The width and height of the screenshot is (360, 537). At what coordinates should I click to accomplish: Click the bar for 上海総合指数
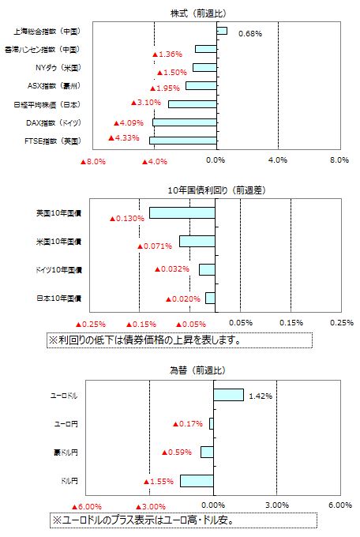222,31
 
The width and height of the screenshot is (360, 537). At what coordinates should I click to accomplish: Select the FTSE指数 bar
183,141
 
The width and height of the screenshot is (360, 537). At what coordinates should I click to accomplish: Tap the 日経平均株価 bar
193,104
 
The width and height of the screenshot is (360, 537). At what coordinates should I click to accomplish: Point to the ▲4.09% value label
129,122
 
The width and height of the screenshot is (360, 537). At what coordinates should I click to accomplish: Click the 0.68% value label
250,33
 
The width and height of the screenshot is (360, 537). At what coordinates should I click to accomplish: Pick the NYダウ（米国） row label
58,67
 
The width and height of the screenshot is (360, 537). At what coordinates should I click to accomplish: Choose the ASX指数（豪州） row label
54,85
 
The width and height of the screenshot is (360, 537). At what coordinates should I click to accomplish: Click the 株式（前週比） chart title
199,13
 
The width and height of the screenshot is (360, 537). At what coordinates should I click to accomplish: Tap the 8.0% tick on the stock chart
339,160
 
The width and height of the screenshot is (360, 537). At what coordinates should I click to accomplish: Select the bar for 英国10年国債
182,212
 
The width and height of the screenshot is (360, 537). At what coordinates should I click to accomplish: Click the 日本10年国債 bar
210,298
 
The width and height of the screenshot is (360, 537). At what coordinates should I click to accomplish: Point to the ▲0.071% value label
155,246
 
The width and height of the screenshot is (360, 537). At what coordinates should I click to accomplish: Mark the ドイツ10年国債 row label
59,270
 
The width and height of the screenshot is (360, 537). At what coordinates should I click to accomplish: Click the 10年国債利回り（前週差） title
216,190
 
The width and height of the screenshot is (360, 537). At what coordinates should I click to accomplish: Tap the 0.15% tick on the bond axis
291,323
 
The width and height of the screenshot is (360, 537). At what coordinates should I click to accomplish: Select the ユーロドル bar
228,395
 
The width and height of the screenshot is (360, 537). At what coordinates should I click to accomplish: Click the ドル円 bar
197,481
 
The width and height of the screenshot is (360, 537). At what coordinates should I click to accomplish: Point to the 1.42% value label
261,396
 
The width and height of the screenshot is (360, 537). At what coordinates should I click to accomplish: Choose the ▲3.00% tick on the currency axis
151,506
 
